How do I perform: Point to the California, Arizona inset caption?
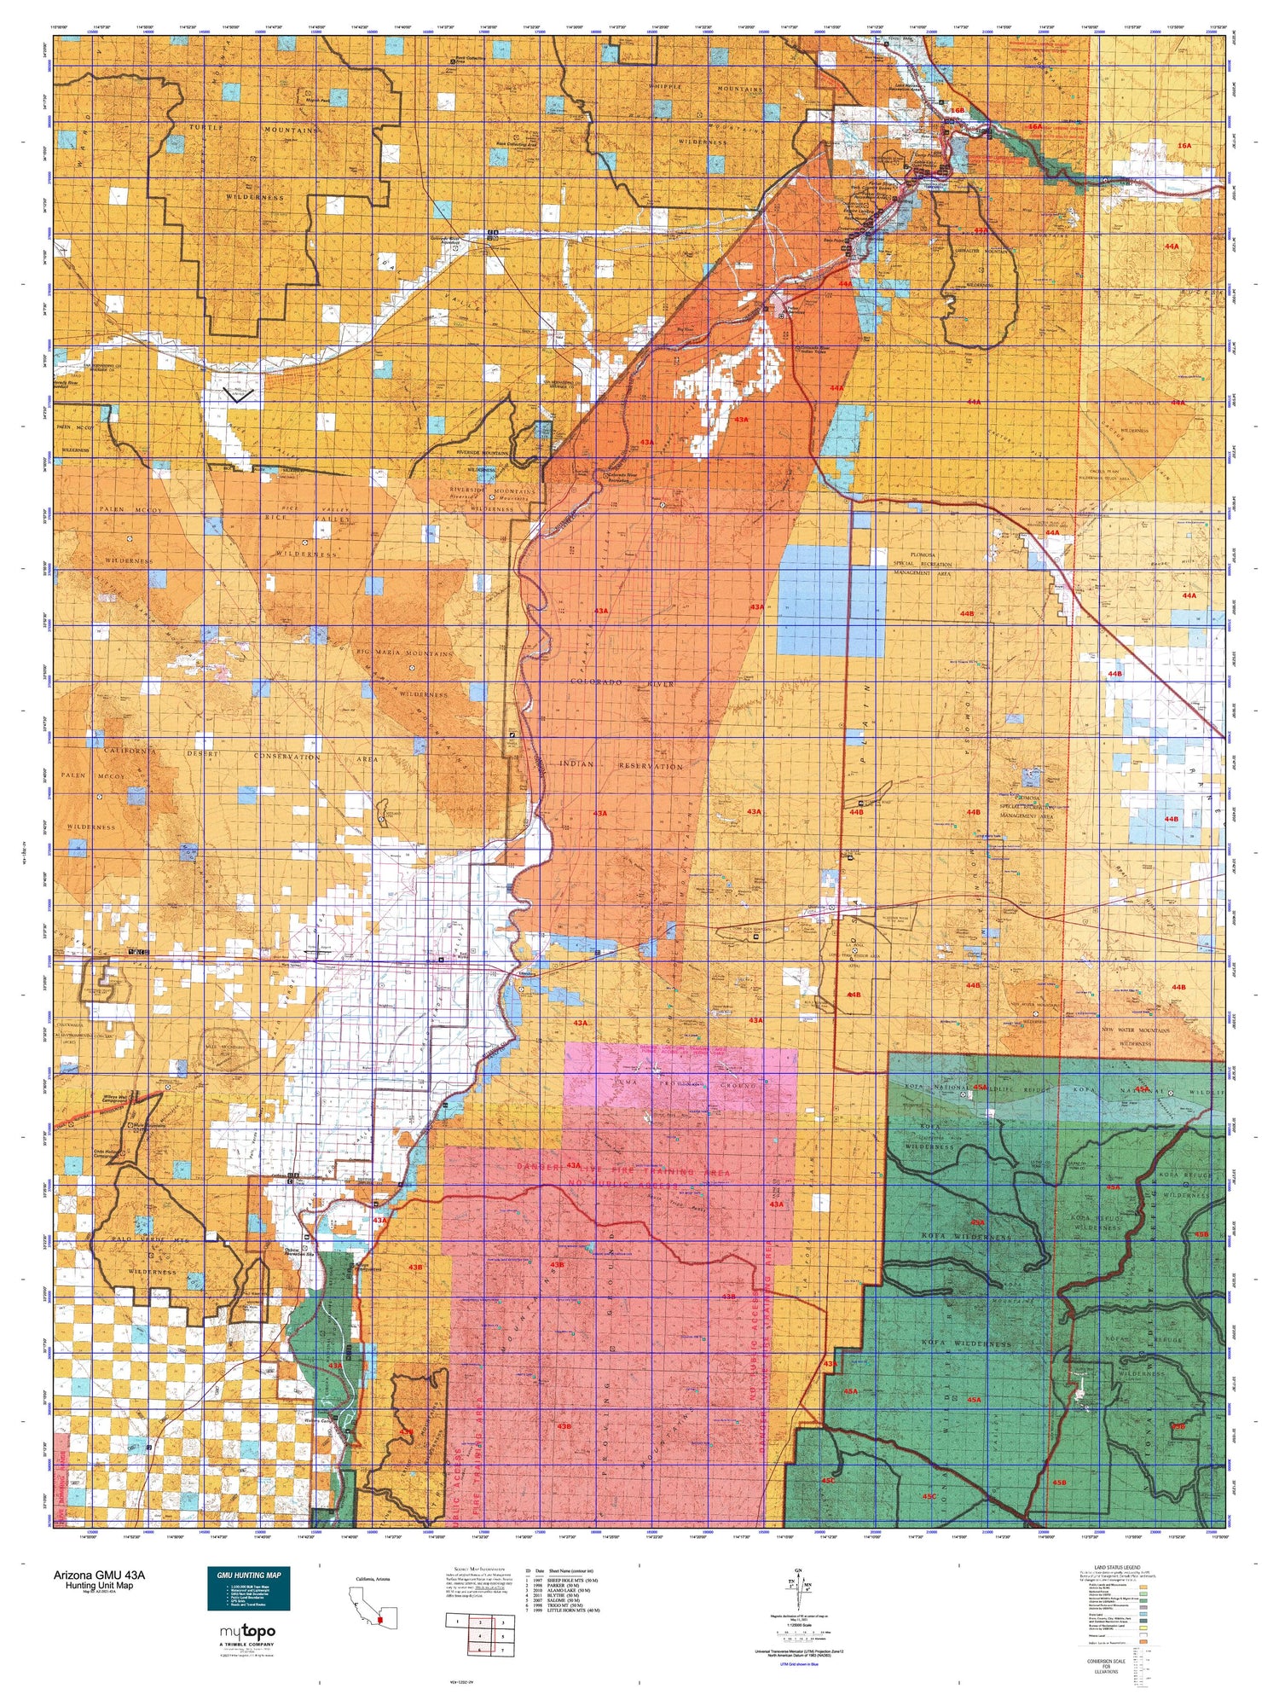click(373, 1580)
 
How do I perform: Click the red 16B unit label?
click(958, 111)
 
